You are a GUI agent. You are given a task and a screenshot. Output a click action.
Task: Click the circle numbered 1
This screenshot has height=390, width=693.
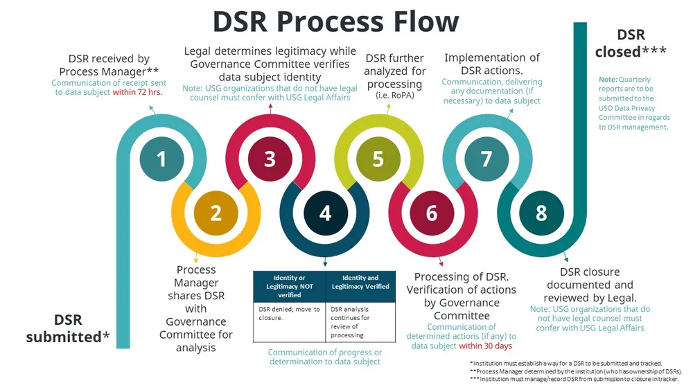pos(161,159)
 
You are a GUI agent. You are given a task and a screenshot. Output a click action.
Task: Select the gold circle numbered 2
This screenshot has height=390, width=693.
pos(216,213)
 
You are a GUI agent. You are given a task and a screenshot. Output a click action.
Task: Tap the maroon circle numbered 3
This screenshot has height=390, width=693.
pos(270,159)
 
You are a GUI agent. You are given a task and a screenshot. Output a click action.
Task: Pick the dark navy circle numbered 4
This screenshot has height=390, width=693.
pos(324,213)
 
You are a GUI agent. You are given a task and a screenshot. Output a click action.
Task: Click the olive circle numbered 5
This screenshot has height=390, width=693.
pos(378,159)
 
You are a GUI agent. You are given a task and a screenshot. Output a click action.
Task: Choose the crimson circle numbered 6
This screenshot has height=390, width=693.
pos(432,213)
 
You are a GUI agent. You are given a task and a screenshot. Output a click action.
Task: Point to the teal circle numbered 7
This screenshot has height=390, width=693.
pos(486,159)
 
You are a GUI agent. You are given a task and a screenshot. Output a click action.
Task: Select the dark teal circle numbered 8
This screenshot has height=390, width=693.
pos(541,213)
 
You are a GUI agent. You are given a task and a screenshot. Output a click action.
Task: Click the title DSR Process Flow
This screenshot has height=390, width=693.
pos(335,21)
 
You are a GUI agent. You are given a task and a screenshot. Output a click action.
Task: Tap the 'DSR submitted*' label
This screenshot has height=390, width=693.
pos(68,328)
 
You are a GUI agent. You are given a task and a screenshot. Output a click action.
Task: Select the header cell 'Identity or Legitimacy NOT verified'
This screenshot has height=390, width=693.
pos(289,286)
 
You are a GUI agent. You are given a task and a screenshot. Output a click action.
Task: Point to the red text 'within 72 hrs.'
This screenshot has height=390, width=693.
pos(137,92)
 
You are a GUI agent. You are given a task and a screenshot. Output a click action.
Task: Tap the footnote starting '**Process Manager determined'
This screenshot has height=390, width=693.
pos(575,371)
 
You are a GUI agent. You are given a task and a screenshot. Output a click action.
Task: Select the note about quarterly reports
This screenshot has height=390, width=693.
pos(634,103)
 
